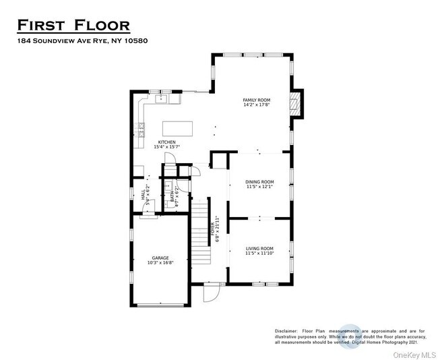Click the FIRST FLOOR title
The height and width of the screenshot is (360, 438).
(x=73, y=26)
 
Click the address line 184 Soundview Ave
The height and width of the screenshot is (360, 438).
(x=82, y=41)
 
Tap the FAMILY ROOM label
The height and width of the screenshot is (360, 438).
(x=257, y=100)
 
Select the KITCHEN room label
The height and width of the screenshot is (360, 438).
(x=166, y=142)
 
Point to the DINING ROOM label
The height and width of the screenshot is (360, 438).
(x=259, y=181)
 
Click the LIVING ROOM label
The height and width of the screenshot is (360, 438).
(x=259, y=249)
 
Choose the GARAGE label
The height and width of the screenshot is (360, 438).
(x=160, y=258)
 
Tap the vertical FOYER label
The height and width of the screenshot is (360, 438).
(x=214, y=230)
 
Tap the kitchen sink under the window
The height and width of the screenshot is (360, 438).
(x=162, y=99)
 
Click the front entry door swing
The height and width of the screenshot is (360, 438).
(x=212, y=292)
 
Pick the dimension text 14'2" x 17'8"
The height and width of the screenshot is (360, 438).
(x=257, y=106)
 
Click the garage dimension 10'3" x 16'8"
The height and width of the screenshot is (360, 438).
(x=160, y=264)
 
